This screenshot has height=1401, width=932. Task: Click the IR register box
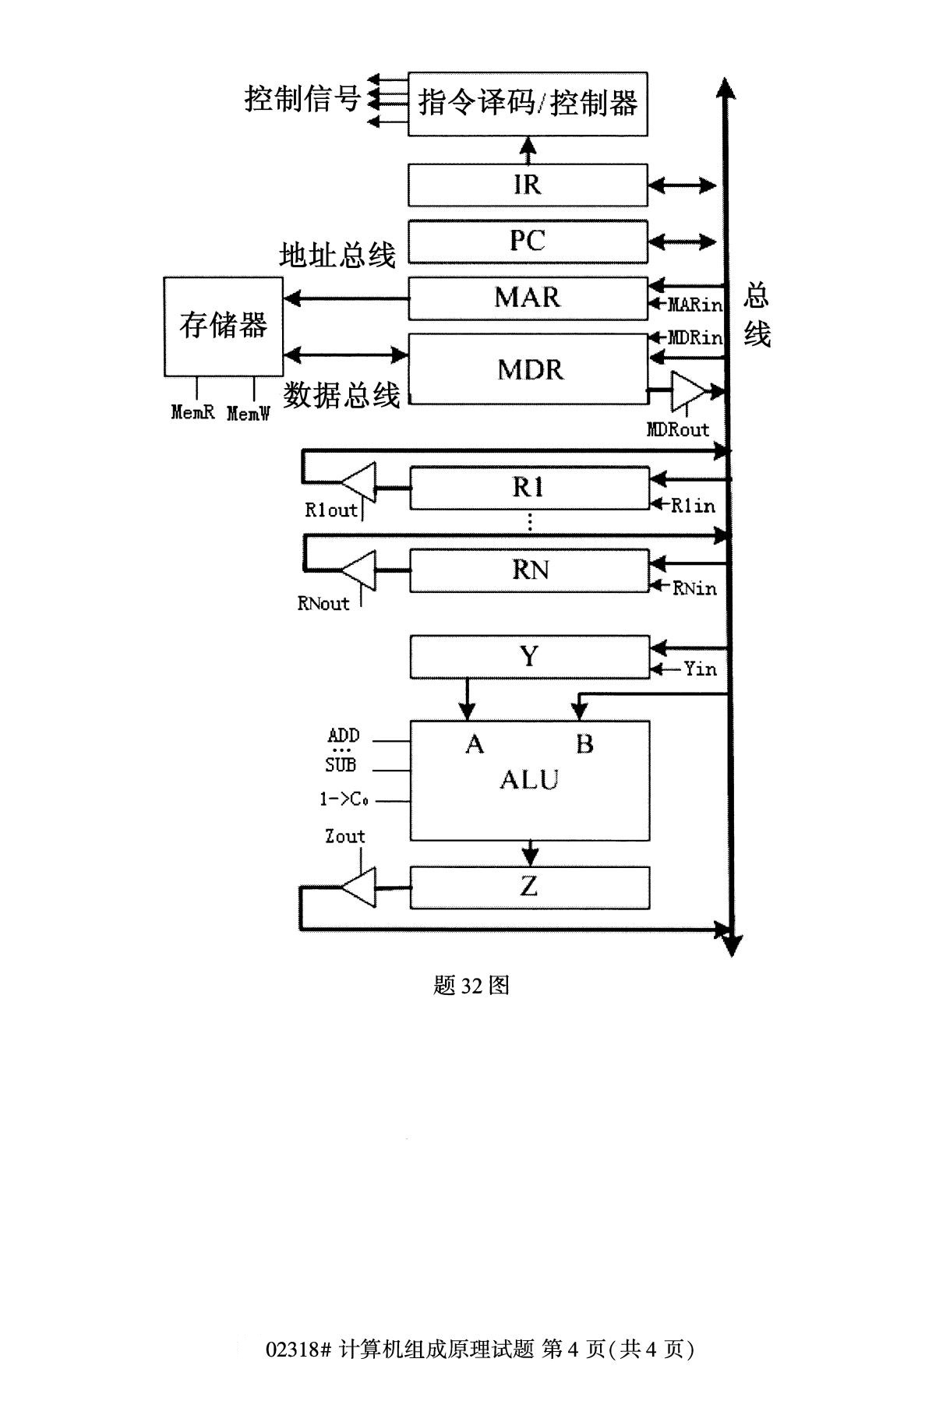coord(528,185)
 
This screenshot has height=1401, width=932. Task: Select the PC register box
coord(528,242)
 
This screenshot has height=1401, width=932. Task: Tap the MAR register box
coord(528,298)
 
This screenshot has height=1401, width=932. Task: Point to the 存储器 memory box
coord(223,326)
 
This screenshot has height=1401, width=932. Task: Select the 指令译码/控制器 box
coord(528,104)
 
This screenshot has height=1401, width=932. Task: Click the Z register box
coord(529,887)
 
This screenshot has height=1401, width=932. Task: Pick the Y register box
coord(529,657)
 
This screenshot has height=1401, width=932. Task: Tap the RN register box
coord(529,570)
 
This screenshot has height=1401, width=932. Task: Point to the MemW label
coord(248,414)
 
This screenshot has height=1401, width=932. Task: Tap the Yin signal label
coord(700,669)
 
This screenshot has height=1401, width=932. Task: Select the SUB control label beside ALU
coord(341,765)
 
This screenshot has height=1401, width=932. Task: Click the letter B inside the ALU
coord(584,744)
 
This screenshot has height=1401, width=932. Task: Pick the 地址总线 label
coord(337,255)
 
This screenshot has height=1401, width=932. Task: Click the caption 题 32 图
coord(471,986)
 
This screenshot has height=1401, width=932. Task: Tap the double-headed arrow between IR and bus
coord(682,185)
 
